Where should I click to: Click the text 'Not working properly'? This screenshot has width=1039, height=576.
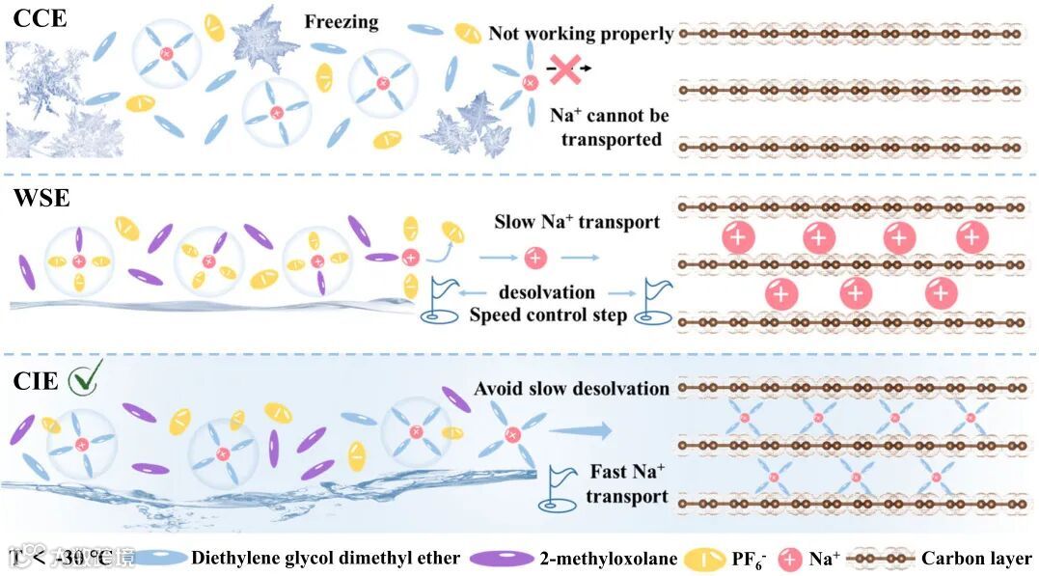point(581,34)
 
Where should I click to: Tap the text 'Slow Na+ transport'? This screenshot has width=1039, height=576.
point(577,222)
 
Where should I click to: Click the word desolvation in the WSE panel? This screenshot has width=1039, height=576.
point(547,291)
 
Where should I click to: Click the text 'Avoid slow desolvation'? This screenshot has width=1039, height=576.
point(571,388)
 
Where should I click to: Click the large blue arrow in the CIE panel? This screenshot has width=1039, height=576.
point(581,430)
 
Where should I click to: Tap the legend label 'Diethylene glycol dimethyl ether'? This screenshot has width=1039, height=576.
point(325,558)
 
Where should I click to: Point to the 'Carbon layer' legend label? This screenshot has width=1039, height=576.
point(976,558)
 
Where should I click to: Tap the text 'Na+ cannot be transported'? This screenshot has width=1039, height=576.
point(609,127)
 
